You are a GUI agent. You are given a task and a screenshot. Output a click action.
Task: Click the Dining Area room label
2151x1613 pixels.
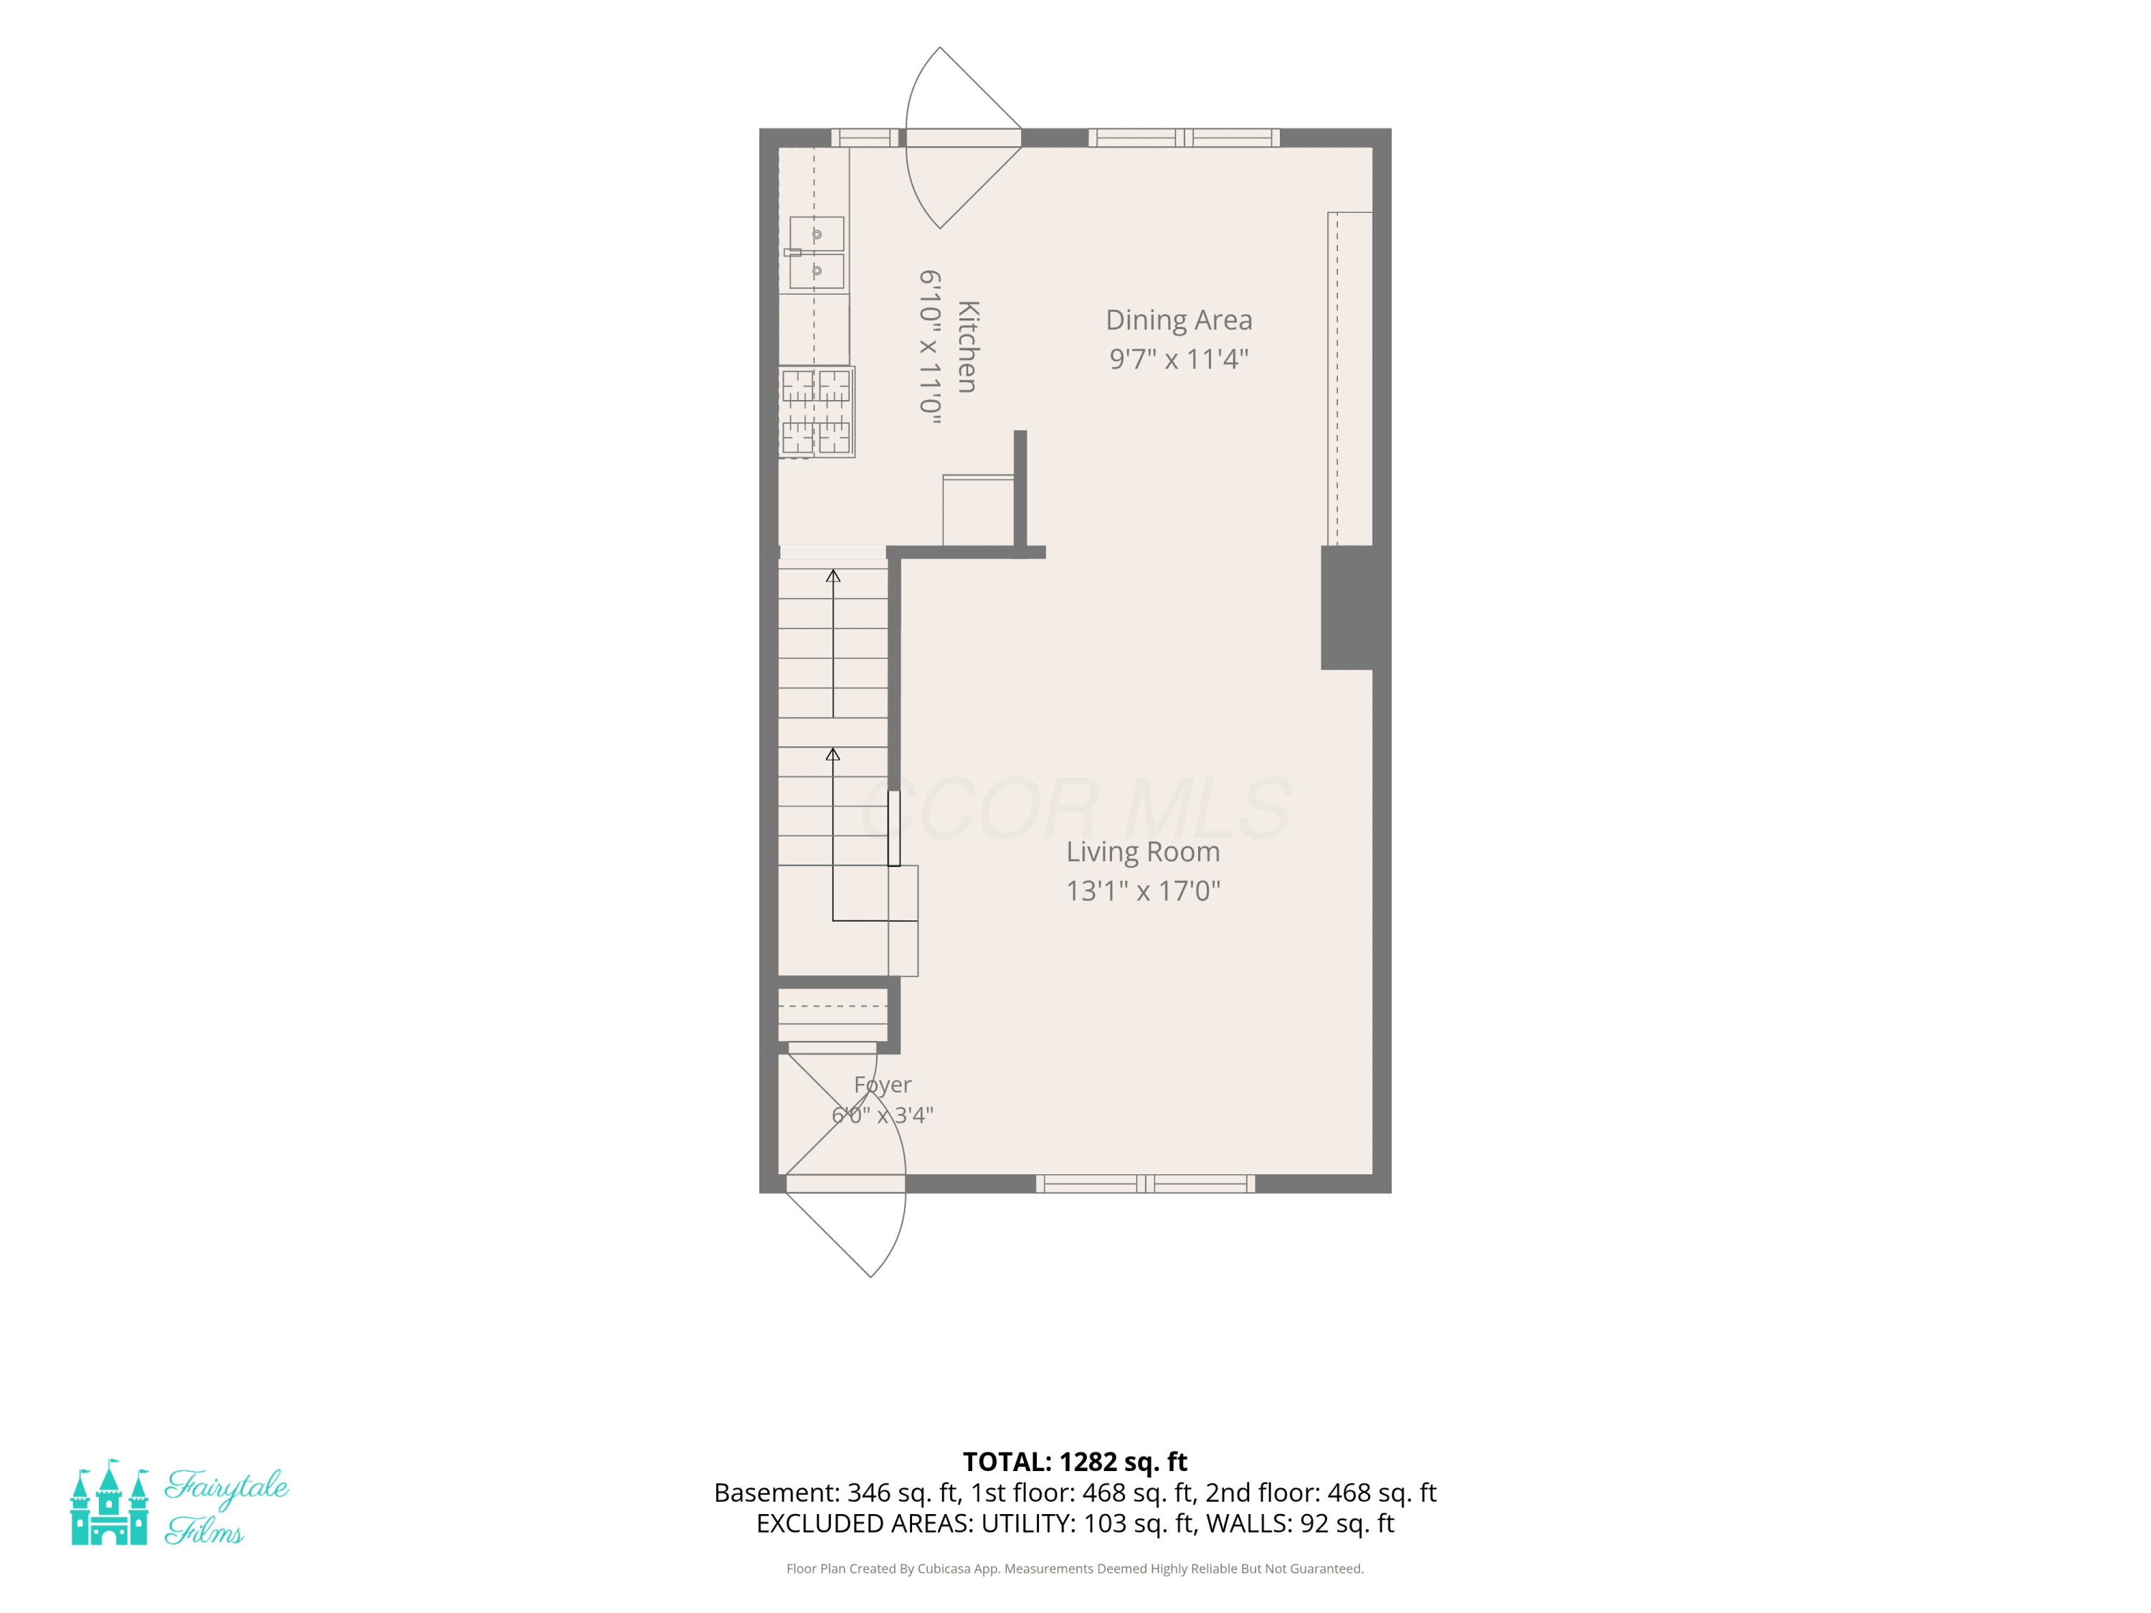(x=1179, y=320)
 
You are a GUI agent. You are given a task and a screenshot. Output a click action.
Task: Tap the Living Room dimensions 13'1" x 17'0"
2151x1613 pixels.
(x=1143, y=890)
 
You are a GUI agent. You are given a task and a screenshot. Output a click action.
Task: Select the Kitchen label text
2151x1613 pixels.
(x=967, y=347)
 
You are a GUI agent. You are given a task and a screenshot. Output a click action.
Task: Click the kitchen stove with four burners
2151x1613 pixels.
(x=817, y=412)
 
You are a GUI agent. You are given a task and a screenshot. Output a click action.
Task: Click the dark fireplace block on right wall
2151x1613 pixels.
(x=1347, y=608)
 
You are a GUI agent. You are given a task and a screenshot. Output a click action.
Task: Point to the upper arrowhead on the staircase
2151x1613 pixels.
(x=833, y=576)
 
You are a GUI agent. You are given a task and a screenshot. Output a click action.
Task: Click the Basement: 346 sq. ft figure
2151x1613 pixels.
(x=837, y=1493)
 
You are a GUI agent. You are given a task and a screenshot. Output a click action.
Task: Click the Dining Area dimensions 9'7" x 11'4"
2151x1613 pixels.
(x=1179, y=358)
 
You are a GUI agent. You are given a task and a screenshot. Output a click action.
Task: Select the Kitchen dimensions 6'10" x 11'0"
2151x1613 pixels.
(x=931, y=347)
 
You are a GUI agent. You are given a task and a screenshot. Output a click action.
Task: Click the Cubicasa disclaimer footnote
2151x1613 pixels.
(x=1075, y=1569)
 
